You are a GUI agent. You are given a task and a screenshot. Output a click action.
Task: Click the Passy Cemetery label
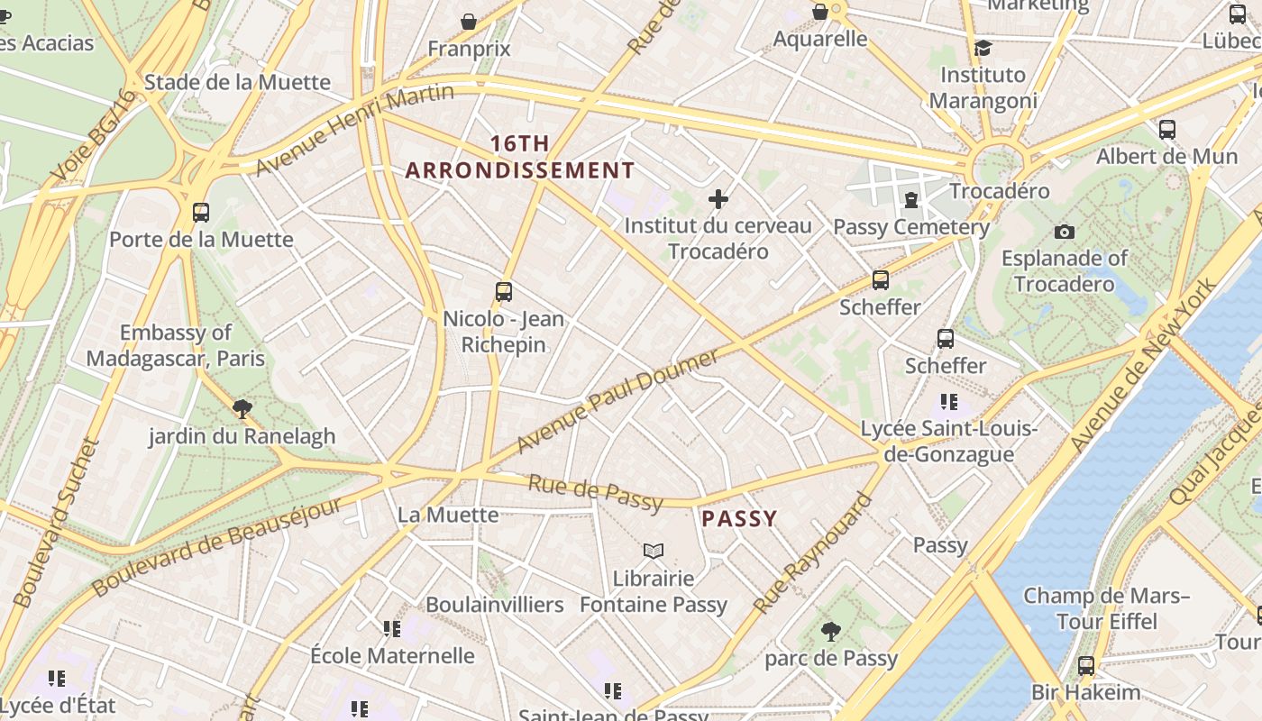click(x=911, y=227)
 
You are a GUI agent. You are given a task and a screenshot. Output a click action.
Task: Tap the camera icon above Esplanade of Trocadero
click(x=1065, y=232)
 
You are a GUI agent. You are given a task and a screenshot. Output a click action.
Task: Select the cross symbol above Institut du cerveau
click(x=718, y=198)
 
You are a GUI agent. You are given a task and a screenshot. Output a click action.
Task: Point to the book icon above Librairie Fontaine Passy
click(x=654, y=550)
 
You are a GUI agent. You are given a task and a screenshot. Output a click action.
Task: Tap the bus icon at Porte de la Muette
click(x=201, y=213)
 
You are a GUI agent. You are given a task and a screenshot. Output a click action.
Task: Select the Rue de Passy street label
click(x=595, y=493)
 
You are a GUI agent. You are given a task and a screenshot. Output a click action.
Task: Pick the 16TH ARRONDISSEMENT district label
click(x=520, y=157)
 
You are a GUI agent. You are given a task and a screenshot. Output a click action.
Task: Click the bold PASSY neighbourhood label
click(x=739, y=518)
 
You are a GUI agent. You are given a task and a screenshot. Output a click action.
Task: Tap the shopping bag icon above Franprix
click(x=469, y=21)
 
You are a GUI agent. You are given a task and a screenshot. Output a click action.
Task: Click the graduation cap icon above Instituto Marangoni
click(x=983, y=48)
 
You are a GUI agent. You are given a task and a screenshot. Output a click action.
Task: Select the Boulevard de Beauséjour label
click(x=216, y=545)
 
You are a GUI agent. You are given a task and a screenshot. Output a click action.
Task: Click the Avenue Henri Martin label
click(x=354, y=130)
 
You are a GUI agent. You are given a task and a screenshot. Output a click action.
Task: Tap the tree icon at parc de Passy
click(x=831, y=632)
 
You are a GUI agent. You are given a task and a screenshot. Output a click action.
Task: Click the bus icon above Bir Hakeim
click(x=1086, y=666)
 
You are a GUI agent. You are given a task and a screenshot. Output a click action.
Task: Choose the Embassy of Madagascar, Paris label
click(x=176, y=345)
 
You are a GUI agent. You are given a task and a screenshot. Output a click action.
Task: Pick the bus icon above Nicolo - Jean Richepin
click(x=504, y=292)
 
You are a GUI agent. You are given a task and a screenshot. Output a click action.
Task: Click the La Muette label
click(x=448, y=515)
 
